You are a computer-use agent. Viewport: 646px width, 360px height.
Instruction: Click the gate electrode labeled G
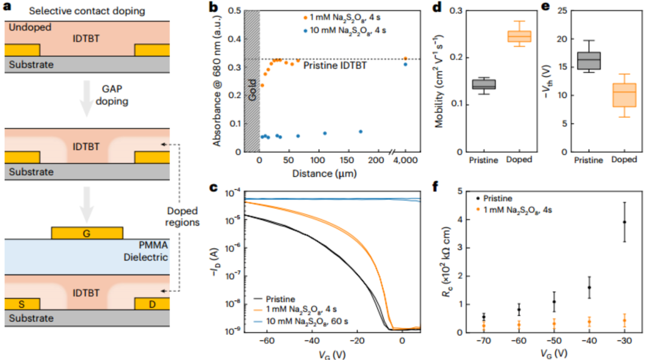click(87, 232)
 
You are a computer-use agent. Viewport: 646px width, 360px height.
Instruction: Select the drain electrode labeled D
click(153, 304)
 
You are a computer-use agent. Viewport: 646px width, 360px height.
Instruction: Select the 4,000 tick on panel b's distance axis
click(406, 163)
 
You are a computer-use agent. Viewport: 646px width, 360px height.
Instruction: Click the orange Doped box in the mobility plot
click(519, 36)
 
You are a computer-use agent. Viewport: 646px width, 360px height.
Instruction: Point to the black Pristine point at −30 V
click(624, 222)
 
